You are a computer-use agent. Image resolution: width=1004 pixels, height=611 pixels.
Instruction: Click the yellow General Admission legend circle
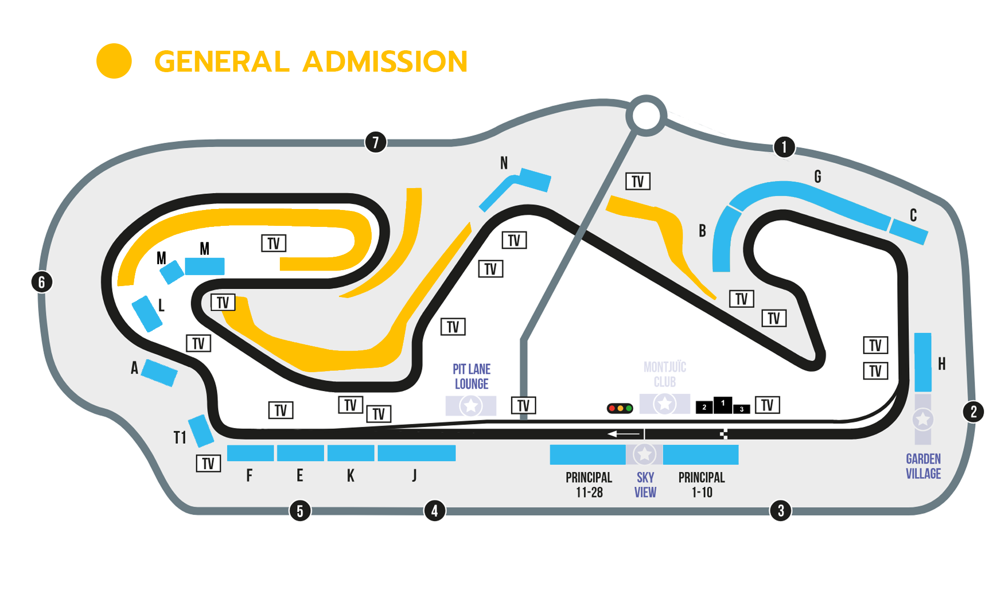coord(114,61)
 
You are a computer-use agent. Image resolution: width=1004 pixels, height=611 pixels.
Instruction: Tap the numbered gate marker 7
coord(376,142)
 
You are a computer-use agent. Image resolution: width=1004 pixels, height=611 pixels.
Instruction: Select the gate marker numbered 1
coord(784,147)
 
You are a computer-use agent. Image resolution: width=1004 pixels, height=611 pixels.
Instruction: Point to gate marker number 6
coord(42,282)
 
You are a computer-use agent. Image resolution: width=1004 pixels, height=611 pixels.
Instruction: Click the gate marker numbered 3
coord(781,510)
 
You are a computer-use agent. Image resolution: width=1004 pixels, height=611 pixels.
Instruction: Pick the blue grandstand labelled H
coord(923,362)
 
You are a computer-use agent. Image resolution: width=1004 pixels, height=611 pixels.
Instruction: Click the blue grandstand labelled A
coord(160,373)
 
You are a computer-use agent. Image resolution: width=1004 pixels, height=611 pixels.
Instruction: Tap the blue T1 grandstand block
coord(201,431)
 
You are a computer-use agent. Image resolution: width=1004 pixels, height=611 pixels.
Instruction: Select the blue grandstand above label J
coord(417,453)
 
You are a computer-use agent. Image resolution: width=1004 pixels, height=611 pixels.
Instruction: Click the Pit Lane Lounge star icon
coord(471,406)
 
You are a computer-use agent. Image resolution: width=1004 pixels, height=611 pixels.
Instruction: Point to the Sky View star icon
coord(645,454)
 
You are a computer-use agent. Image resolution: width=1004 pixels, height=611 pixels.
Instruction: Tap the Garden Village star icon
coord(923,419)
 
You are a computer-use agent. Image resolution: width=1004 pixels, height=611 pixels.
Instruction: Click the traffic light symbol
coord(620,408)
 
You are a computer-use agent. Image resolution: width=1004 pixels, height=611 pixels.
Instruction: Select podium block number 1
coord(723,405)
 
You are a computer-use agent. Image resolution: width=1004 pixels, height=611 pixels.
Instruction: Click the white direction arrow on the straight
coord(624,434)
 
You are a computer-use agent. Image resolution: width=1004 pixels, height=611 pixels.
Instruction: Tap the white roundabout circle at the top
coord(646,115)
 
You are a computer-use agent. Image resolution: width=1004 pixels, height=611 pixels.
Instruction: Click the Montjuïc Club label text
coord(665,375)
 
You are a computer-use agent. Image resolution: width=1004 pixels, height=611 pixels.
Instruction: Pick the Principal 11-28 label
coord(589,485)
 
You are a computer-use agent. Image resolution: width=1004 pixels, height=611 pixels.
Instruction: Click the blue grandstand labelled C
coord(909,232)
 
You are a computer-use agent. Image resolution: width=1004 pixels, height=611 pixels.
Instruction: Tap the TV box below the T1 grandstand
coord(208,464)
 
